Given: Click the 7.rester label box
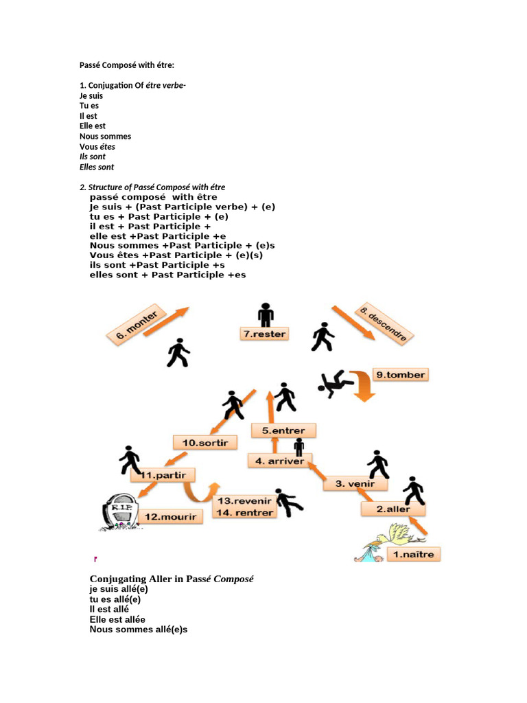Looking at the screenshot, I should (x=263, y=334).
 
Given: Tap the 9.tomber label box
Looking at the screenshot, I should (x=400, y=374).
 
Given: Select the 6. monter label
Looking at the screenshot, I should (x=137, y=325).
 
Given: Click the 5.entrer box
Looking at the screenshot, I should (x=283, y=430).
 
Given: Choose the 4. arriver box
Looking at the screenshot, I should (x=279, y=461).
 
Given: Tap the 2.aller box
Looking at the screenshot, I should (x=393, y=509).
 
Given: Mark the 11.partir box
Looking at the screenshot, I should (x=163, y=474).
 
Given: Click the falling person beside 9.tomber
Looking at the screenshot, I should (x=336, y=381).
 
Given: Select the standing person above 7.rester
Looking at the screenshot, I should (x=266, y=314).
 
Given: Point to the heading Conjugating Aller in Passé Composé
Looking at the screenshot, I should (x=172, y=579).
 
